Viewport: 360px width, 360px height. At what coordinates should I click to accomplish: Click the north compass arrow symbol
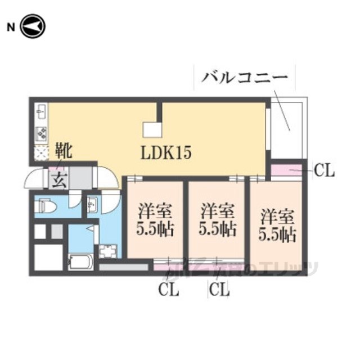[x=33, y=26]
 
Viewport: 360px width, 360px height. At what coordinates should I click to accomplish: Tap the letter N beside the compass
[x=10, y=27]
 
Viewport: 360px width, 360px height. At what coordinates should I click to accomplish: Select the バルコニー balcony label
[x=241, y=77]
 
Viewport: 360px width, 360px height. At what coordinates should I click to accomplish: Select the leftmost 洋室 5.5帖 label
[x=155, y=221]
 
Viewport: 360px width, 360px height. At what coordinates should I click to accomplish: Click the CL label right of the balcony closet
[x=324, y=171]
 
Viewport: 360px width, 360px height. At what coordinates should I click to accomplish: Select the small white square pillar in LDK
[x=152, y=129]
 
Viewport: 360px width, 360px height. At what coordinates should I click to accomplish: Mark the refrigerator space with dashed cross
[x=42, y=152]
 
